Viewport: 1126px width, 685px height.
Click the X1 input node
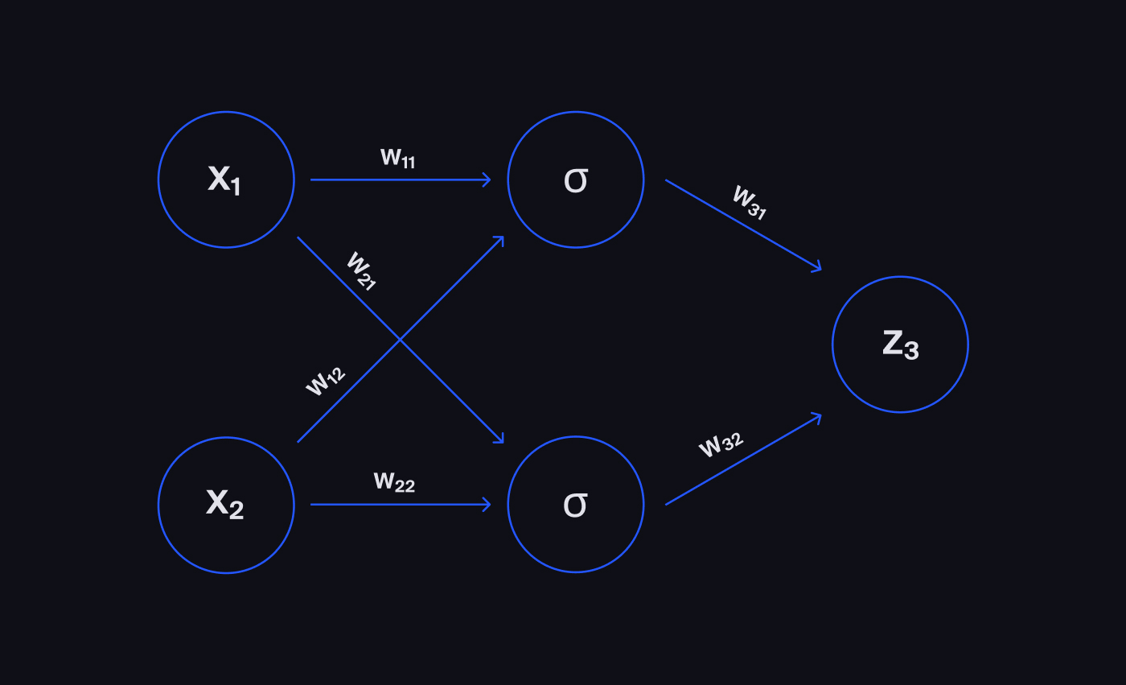click(226, 180)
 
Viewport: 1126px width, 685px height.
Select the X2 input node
click(226, 505)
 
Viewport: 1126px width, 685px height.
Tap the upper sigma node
click(576, 180)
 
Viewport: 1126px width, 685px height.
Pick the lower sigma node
click(576, 505)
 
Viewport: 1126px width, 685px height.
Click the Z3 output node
click(900, 345)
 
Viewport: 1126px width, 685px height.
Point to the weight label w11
click(397, 158)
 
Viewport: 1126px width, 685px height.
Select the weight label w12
click(325, 381)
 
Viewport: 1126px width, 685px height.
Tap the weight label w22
click(394, 482)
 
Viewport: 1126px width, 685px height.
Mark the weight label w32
click(721, 444)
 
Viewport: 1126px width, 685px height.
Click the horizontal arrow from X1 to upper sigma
click(401, 180)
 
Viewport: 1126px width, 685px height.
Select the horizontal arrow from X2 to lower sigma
click(401, 505)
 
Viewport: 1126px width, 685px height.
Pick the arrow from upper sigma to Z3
click(743, 225)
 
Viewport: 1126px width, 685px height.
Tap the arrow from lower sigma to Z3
click(743, 460)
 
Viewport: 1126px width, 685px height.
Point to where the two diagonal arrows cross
click(401, 340)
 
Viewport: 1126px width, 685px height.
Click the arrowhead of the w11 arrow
click(487, 180)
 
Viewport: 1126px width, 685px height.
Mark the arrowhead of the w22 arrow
click(487, 505)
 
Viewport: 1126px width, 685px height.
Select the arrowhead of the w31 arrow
click(818, 268)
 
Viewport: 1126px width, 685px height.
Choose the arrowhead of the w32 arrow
click(818, 416)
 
